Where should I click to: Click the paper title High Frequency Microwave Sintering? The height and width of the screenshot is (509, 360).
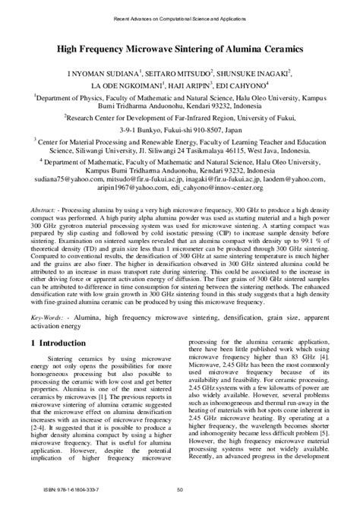point(180,48)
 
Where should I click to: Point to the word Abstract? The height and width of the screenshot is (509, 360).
point(44,208)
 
